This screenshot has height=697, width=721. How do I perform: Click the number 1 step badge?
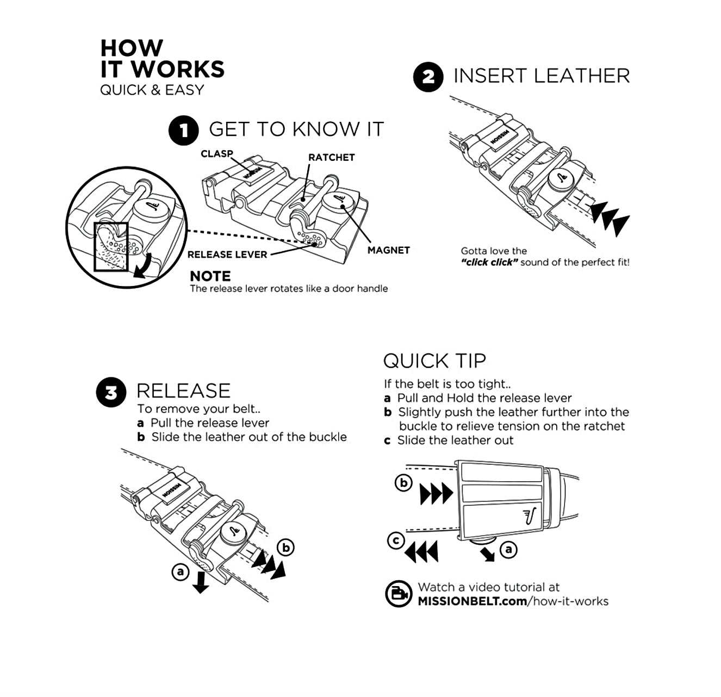click(184, 130)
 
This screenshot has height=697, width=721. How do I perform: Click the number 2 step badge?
click(428, 77)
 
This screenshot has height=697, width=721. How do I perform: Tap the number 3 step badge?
click(111, 392)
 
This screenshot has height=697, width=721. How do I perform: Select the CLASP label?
click(216, 154)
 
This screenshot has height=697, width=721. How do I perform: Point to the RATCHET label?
click(331, 158)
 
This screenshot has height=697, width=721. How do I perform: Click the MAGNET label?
click(388, 250)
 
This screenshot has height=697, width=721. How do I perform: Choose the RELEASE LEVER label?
click(227, 254)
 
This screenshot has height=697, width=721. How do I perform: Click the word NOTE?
click(210, 276)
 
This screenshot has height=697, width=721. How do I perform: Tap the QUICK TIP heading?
click(434, 361)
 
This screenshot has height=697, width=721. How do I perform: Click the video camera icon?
click(398, 594)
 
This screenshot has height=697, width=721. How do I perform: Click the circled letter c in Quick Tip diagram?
click(396, 540)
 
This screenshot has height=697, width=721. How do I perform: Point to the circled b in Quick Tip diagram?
click(403, 483)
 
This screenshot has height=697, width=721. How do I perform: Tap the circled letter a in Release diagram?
click(180, 572)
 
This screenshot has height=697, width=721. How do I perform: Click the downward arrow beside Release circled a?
click(201, 583)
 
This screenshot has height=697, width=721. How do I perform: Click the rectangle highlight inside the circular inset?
click(111, 246)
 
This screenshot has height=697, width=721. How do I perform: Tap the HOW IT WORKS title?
click(162, 59)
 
